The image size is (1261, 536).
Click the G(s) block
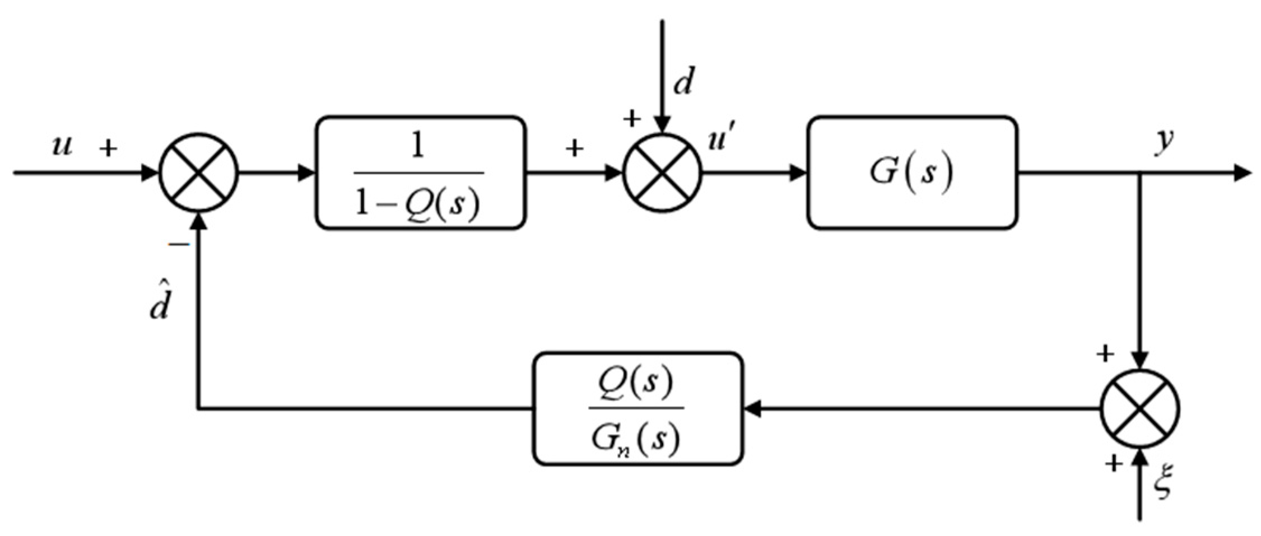pyautogui.click(x=911, y=173)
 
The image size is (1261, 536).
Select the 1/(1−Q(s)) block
pyautogui.click(x=420, y=173)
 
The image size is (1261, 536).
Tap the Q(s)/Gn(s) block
pyautogui.click(x=637, y=409)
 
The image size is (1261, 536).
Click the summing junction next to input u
pyautogui.click(x=199, y=173)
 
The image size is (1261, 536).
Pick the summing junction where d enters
pyautogui.click(x=662, y=173)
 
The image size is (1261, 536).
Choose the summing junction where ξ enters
pyautogui.click(x=1140, y=409)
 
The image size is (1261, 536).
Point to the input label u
pyautogui.click(x=62, y=146)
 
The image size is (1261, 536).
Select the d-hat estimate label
pyautogui.click(x=160, y=302)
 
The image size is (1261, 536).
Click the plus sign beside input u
pyautogui.click(x=108, y=148)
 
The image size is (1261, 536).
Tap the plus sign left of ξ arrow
pyautogui.click(x=1113, y=463)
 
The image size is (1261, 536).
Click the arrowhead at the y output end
pyautogui.click(x=1242, y=173)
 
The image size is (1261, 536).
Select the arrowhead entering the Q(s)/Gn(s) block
pyautogui.click(x=752, y=409)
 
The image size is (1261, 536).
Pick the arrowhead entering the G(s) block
pyautogui.click(x=798, y=173)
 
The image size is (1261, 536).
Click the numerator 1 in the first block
pyautogui.click(x=418, y=147)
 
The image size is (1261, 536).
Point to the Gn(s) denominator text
pyautogui.click(x=636, y=439)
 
